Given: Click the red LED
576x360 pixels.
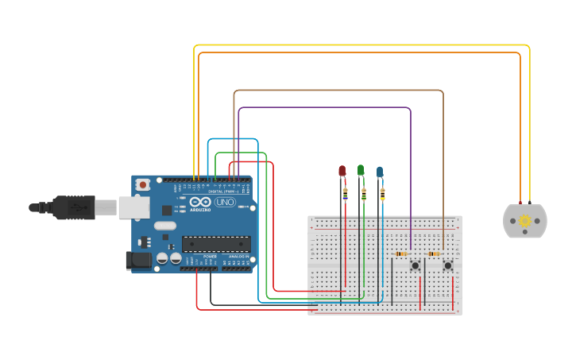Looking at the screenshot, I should tap(342, 170).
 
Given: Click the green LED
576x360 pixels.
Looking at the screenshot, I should tap(361, 169).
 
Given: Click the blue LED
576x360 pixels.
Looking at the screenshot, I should tap(380, 171).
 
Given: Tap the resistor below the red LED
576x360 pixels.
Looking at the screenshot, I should tap(345, 193).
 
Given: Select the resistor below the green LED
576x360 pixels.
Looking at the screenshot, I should tap(364, 193).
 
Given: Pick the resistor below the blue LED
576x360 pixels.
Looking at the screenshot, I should tap(382, 193).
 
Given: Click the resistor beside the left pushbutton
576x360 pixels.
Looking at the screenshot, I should tap(400, 254).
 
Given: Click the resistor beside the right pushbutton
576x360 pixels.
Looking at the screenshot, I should tap(434, 254).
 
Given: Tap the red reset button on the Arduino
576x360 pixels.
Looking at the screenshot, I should tap(142, 184).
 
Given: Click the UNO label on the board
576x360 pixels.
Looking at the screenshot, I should tap(225, 203).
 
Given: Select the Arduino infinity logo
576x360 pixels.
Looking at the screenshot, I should tap(201, 203).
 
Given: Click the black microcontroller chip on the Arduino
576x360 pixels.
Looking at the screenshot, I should tap(216, 244).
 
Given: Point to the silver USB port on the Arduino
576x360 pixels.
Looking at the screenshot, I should tap(133, 207).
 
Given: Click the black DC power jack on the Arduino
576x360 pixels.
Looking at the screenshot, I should tap(138, 260).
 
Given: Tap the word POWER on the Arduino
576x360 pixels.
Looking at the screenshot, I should tap(210, 257).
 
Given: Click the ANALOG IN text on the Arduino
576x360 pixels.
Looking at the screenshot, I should tap(237, 257).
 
